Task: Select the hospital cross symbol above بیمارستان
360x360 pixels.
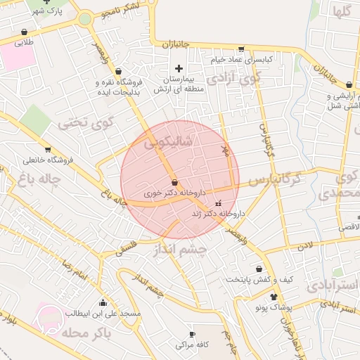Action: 179,68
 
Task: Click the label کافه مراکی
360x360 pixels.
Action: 192,346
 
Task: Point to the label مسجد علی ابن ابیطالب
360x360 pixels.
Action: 103,313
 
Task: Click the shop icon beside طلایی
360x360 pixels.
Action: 25,32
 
